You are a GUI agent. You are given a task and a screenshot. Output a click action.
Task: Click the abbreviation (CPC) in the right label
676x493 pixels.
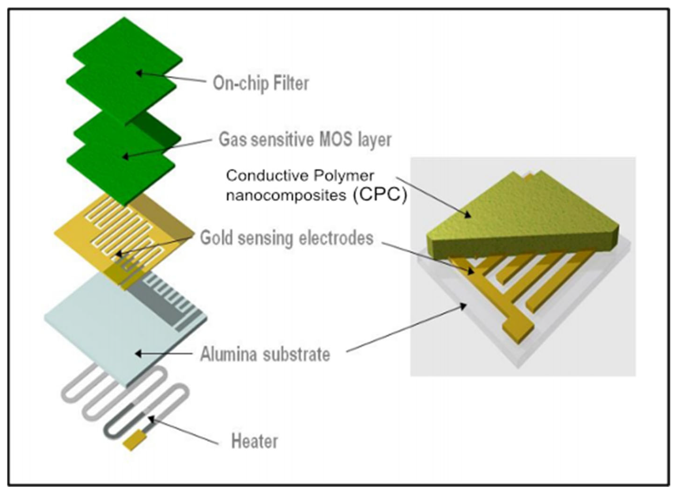coord(379,195)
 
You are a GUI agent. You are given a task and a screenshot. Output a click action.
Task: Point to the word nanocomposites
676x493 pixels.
coord(286,195)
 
